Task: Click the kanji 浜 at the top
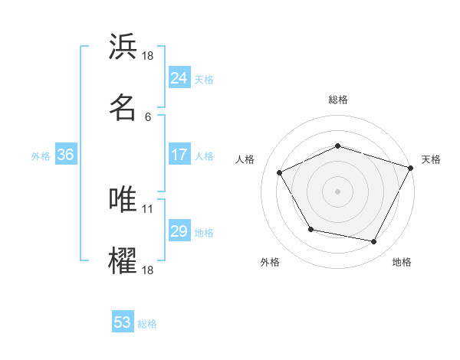click(x=123, y=47)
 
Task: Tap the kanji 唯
click(x=123, y=199)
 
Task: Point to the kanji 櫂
click(x=123, y=260)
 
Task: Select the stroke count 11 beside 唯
click(x=149, y=208)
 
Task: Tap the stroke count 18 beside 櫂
click(x=149, y=270)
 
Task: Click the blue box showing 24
click(x=179, y=78)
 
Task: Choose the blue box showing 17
click(x=179, y=155)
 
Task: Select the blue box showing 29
click(x=179, y=231)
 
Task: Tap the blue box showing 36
click(x=65, y=155)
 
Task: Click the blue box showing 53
click(x=123, y=322)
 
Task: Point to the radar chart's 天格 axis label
click(x=431, y=159)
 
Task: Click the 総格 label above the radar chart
click(x=337, y=100)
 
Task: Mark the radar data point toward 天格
click(x=411, y=167)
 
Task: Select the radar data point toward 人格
click(x=280, y=173)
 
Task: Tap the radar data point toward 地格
click(x=374, y=242)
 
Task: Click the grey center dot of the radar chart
click(x=337, y=191)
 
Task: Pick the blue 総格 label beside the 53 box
click(x=148, y=324)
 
